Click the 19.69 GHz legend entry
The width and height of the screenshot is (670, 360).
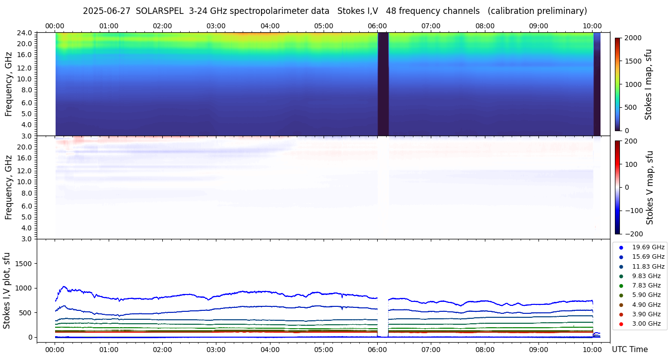[x=648, y=247]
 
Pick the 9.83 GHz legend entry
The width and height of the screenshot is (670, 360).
[x=646, y=276]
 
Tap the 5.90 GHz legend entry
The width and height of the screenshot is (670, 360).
[x=646, y=295]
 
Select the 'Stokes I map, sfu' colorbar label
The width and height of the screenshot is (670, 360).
[x=648, y=84]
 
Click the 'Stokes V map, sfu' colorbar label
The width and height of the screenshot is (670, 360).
[x=649, y=188]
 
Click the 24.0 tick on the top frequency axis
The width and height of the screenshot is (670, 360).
[x=26, y=33]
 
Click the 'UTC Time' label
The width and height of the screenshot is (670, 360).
[x=630, y=350]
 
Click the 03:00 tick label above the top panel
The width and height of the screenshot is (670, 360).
[x=216, y=26]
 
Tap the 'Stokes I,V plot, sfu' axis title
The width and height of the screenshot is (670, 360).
[x=7, y=290]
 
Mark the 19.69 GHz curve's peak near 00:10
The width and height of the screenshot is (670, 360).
[x=63, y=287]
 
